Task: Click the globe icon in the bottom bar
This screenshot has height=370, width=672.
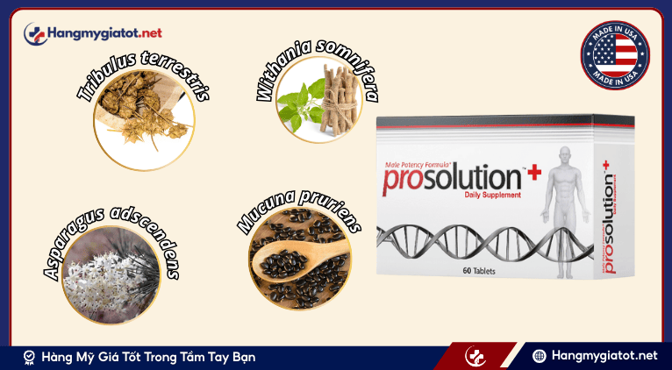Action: point(540,357)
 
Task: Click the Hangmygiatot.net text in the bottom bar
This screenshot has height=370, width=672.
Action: point(605,357)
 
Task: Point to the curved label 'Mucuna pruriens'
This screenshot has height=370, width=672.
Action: point(299,195)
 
